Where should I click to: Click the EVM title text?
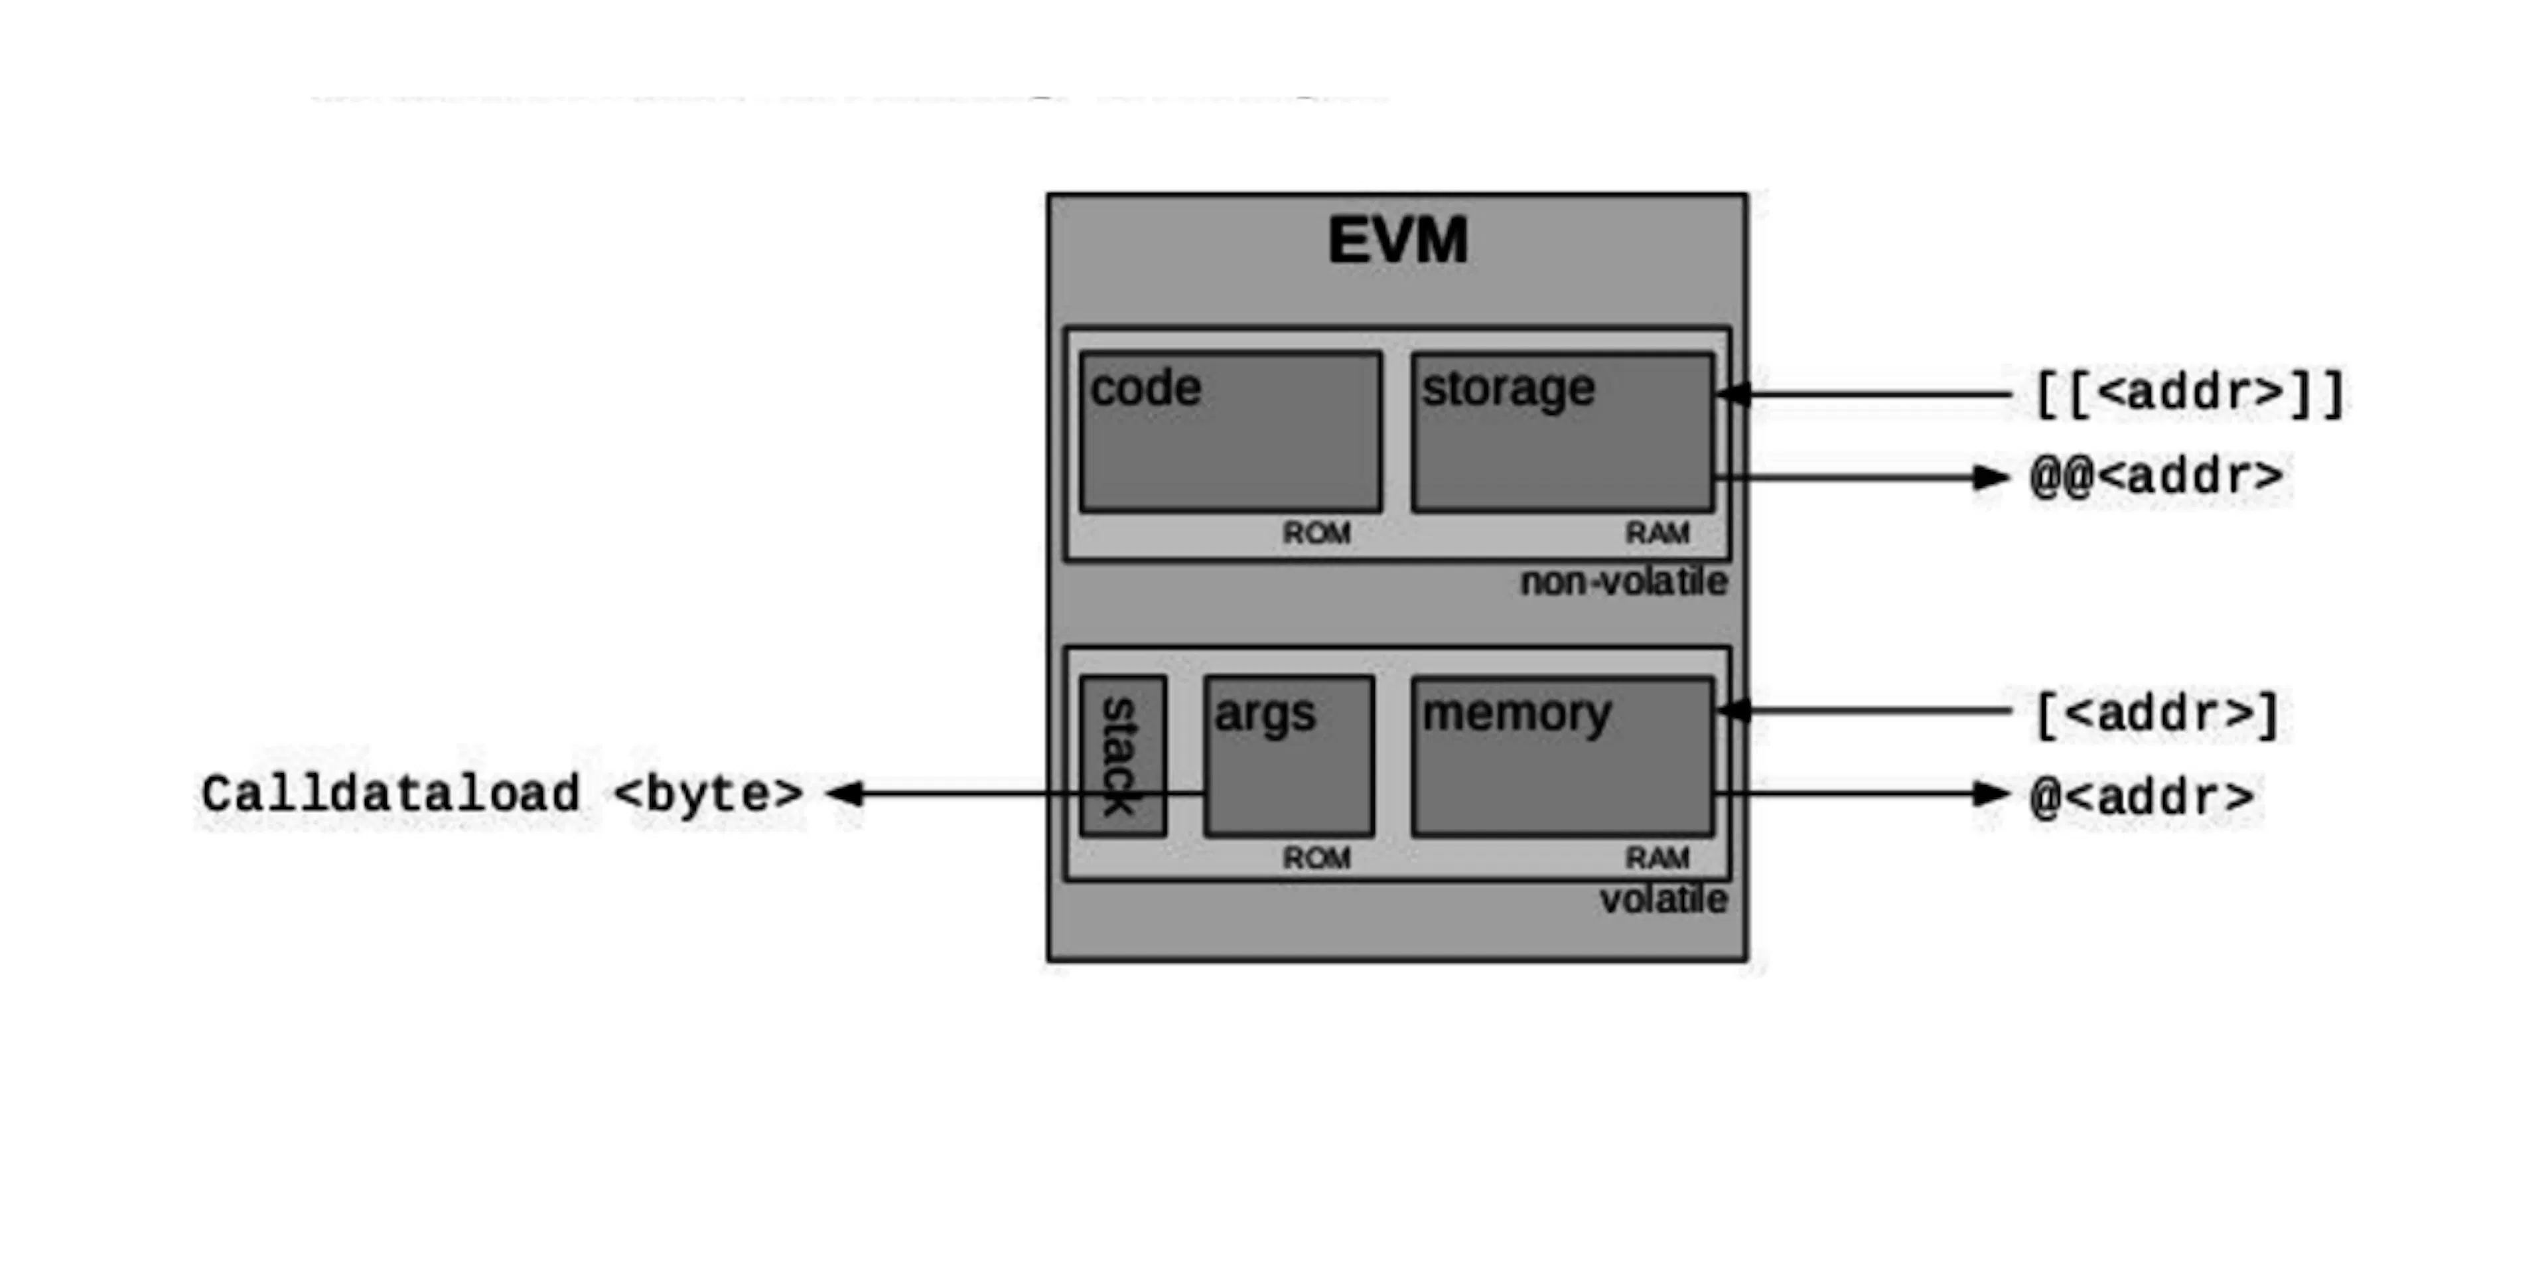tap(1397, 240)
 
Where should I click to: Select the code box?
tap(1232, 431)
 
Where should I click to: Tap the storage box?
tap(1563, 431)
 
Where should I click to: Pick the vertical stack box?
tap(1123, 757)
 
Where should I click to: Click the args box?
tap(1289, 757)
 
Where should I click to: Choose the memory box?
tap(1563, 757)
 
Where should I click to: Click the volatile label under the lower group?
tap(1663, 900)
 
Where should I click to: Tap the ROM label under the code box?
tap(1316, 533)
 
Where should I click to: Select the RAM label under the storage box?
tap(1658, 533)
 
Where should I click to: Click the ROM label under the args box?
tap(1316, 857)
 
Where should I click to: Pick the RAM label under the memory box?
tap(1658, 857)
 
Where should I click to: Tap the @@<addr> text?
tap(2157, 477)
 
